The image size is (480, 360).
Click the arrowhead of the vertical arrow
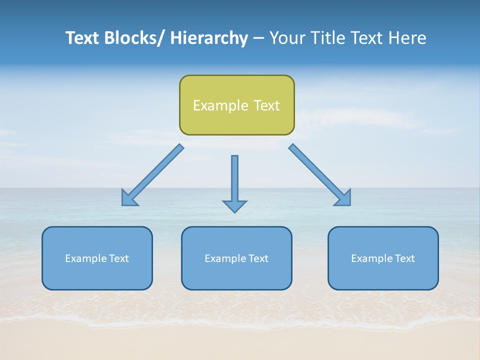point(234,206)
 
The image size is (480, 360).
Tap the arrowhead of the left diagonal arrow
point(129,198)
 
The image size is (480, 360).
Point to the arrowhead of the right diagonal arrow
point(344,198)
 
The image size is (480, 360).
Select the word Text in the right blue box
point(405,258)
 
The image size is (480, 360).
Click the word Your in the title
point(286,38)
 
